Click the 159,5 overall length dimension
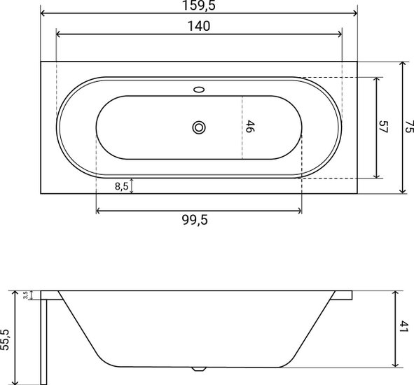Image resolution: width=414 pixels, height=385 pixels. click(x=199, y=6)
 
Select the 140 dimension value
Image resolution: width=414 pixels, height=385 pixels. click(x=199, y=26)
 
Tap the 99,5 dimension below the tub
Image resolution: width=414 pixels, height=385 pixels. click(x=195, y=220)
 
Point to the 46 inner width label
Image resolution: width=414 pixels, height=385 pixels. click(x=250, y=127)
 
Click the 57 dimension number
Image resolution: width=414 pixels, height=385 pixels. click(x=383, y=127)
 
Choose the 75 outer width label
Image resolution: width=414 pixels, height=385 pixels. click(x=409, y=127)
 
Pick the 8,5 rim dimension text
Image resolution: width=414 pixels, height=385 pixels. click(x=121, y=186)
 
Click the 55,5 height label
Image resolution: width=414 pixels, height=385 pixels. click(x=5, y=340)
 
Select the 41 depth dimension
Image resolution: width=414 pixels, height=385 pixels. click(x=403, y=327)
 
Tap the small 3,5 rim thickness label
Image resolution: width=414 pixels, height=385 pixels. click(x=25, y=295)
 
